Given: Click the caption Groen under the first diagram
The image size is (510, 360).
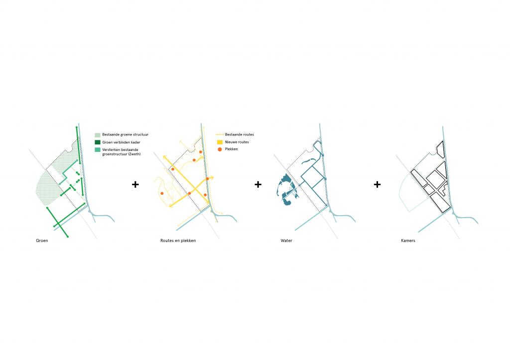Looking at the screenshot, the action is click(x=42, y=240).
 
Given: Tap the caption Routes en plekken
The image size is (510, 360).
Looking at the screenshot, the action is click(x=178, y=240).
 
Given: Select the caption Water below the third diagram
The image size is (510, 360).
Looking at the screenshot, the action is click(x=286, y=240).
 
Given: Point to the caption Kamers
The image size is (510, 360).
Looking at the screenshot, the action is click(x=408, y=240).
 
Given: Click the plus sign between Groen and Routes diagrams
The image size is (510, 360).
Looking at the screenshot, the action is click(x=135, y=184).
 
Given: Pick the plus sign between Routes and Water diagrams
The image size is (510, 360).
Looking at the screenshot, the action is click(x=258, y=184).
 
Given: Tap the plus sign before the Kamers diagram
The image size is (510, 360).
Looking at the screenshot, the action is click(x=378, y=184).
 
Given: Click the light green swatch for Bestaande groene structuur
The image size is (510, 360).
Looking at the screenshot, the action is click(x=98, y=134).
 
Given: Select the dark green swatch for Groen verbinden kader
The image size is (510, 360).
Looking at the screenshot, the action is click(x=98, y=142).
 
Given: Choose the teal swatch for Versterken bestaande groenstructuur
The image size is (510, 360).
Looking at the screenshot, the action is click(x=98, y=149).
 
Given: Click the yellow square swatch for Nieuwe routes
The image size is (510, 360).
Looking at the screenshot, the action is click(x=220, y=142).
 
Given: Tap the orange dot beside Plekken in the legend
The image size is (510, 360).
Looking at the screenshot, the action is click(x=220, y=149).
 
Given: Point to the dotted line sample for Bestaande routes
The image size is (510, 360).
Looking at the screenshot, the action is click(x=220, y=134).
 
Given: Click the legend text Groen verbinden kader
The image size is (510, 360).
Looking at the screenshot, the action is click(x=121, y=142).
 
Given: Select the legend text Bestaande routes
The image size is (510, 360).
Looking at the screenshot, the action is click(x=240, y=134).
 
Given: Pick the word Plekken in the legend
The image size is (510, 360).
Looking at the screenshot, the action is click(x=231, y=149).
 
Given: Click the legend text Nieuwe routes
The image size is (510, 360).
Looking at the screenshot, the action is click(x=237, y=142).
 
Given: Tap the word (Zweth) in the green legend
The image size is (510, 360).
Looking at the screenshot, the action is click(x=134, y=154).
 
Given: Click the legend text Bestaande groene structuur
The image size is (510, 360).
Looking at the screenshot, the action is click(x=125, y=134).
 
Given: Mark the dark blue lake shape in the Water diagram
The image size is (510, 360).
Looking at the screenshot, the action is click(x=284, y=190).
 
